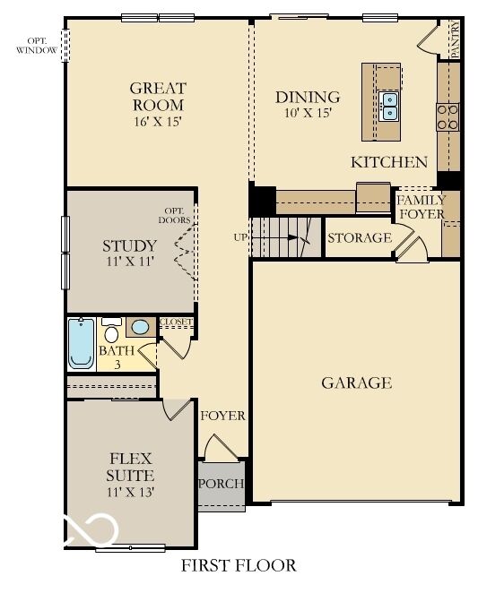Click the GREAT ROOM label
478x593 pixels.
pos(158,96)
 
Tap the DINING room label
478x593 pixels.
pos(308,97)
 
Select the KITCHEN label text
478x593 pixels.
pos(388,162)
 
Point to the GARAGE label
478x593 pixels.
pos(356,383)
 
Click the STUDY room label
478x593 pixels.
pos(129,245)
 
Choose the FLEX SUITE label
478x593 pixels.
pos(130,467)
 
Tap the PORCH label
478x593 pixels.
pos(221,485)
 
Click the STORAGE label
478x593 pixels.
pos(359,238)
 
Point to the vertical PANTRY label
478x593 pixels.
pos(455,40)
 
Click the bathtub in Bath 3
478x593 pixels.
pos(82,346)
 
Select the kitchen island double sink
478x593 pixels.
pos(388,106)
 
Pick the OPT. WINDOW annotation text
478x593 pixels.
pos(37,45)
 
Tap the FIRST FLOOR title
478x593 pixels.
pos(239,565)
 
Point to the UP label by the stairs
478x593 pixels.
pos(239,237)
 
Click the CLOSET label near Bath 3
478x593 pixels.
pos(176,322)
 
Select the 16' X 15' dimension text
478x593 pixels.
pos(158,121)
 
